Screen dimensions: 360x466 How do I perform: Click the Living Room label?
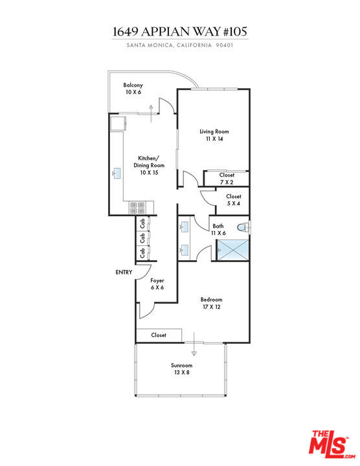click(x=214, y=135)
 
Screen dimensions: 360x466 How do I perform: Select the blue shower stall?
click(x=232, y=250)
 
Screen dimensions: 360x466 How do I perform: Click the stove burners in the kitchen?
click(x=137, y=208)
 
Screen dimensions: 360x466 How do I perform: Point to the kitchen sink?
click(x=117, y=173)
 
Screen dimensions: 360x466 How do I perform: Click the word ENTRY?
click(x=124, y=272)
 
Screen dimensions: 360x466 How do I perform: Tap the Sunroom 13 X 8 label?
click(x=181, y=368)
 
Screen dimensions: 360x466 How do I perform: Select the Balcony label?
click(x=133, y=88)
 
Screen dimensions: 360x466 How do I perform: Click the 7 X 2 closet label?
click(x=227, y=179)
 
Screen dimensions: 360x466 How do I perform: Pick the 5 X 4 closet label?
click(x=234, y=200)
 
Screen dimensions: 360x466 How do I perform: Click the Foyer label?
click(x=157, y=284)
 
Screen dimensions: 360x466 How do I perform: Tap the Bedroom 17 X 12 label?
click(x=211, y=303)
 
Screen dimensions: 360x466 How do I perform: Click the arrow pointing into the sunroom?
click(x=194, y=344)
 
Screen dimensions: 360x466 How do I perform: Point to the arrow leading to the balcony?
click(x=151, y=113)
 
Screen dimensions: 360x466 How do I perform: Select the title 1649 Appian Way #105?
click(x=180, y=32)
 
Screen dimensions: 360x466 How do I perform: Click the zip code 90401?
click(x=225, y=45)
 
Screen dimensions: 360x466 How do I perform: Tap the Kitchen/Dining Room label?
click(x=149, y=165)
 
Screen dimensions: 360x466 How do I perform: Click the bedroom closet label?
click(x=159, y=335)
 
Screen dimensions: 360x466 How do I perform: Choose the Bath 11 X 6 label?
click(x=218, y=230)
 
